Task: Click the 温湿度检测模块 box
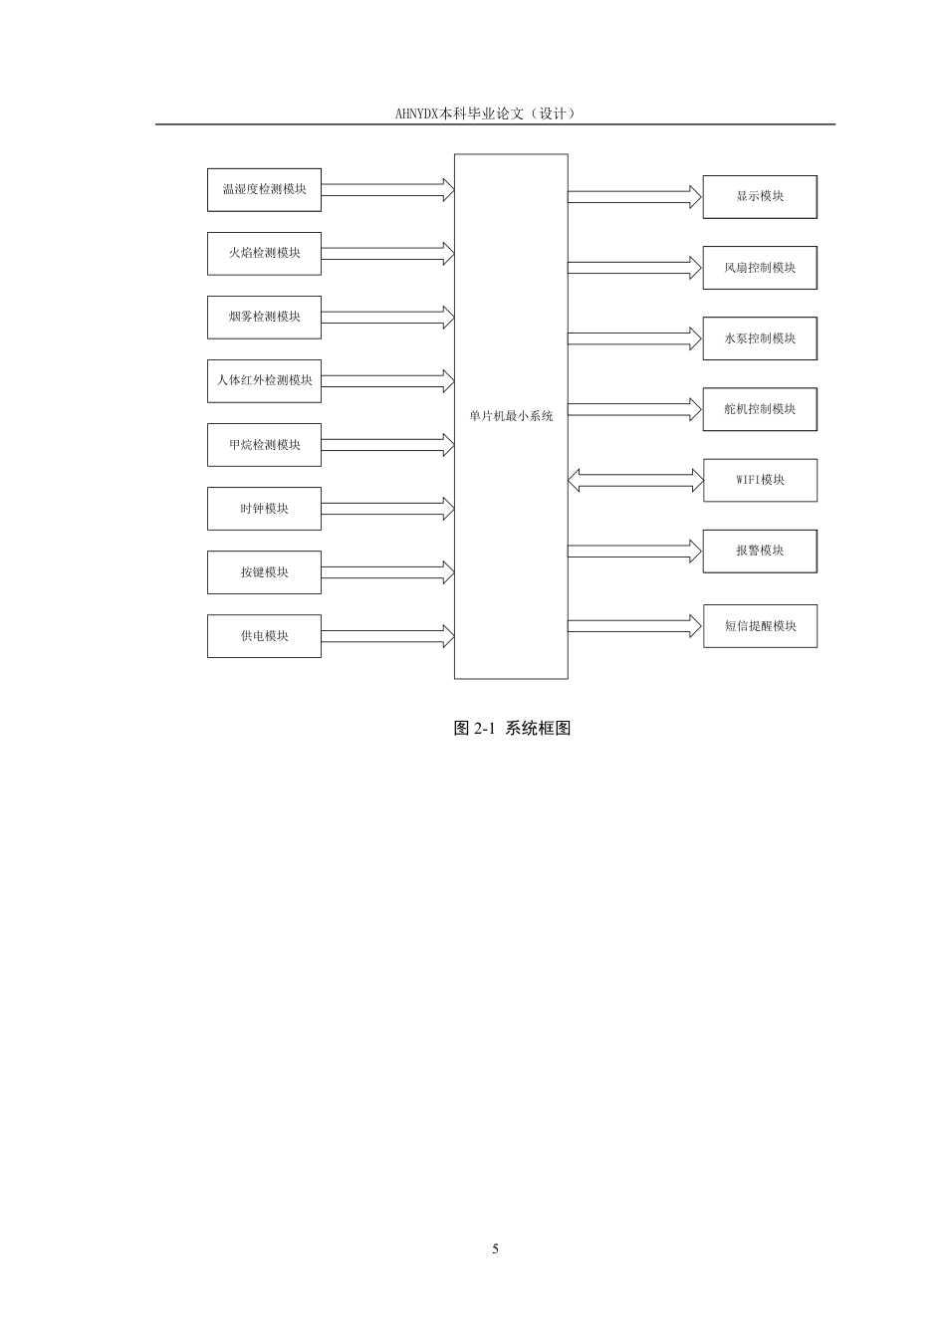point(264,190)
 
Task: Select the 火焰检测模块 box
point(264,253)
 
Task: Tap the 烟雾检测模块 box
point(264,318)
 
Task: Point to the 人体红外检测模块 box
point(264,381)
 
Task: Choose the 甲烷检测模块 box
point(264,445)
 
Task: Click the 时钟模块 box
point(264,509)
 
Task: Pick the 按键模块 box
point(264,572)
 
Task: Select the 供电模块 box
point(264,636)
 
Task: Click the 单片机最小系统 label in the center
point(511,416)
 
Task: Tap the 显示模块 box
point(760,196)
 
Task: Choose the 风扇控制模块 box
point(760,268)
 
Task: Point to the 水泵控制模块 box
point(760,338)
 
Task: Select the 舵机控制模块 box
point(760,409)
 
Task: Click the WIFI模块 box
point(760,480)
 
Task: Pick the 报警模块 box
point(760,552)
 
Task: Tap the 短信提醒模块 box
point(760,626)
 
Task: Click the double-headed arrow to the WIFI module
point(635,480)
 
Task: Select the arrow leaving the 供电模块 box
point(387,636)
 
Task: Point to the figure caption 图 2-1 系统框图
point(512,728)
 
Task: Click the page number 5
point(495,1249)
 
